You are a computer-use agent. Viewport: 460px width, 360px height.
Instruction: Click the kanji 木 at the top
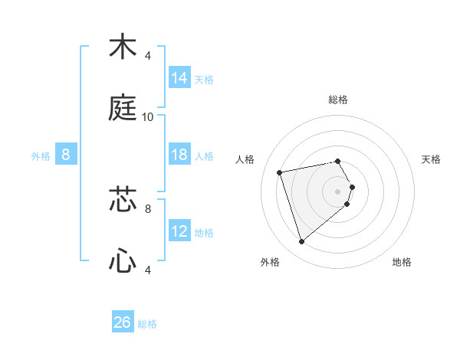pyautogui.click(x=123, y=47)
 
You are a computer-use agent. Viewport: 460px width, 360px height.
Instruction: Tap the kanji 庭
pyautogui.click(x=123, y=109)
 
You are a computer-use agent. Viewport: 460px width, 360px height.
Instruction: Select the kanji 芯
pyautogui.click(x=123, y=199)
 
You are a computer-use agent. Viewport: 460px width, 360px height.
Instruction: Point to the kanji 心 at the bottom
pyautogui.click(x=123, y=261)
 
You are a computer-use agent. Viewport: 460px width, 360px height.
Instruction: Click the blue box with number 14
pyautogui.click(x=179, y=77)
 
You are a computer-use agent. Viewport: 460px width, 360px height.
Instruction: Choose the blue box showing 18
pyautogui.click(x=179, y=155)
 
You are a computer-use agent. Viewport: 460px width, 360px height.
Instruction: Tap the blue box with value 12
pyautogui.click(x=179, y=231)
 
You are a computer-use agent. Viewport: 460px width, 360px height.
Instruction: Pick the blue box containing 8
pyautogui.click(x=66, y=155)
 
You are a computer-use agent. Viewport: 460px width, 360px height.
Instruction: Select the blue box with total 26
pyautogui.click(x=123, y=322)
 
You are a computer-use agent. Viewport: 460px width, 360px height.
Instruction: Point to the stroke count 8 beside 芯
pyautogui.click(x=148, y=208)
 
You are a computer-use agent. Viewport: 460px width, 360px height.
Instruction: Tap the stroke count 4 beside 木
pyautogui.click(x=148, y=56)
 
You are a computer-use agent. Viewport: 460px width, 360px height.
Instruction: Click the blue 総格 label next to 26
pyautogui.click(x=147, y=324)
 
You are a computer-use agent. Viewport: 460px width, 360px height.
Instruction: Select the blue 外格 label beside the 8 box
pyautogui.click(x=41, y=156)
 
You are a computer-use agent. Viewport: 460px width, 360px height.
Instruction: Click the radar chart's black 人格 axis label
pyautogui.click(x=245, y=159)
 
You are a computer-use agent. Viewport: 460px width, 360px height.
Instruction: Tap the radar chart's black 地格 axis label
pyautogui.click(x=402, y=262)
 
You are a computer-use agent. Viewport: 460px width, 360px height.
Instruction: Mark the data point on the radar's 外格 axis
pyautogui.click(x=301, y=242)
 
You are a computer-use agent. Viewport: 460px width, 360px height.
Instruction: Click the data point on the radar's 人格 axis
pyautogui.click(x=280, y=172)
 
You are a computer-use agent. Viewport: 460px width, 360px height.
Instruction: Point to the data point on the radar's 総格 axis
pyautogui.click(x=337, y=161)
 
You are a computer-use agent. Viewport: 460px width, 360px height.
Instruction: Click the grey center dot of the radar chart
pyautogui.click(x=337, y=191)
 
